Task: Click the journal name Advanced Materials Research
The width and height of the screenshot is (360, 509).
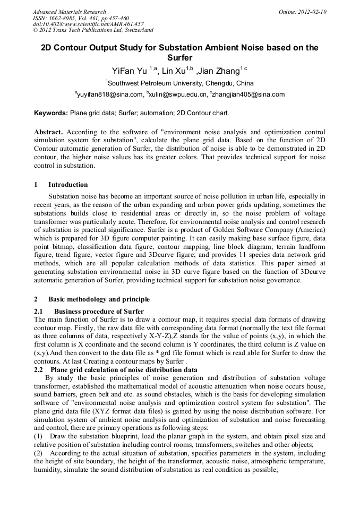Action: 69,12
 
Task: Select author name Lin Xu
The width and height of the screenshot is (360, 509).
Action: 174,71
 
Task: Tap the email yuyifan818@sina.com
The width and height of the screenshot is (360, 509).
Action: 111,95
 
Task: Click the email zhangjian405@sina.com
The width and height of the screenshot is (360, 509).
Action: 249,95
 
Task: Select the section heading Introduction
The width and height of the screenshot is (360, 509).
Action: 68,185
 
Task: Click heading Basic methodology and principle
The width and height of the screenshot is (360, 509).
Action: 99,299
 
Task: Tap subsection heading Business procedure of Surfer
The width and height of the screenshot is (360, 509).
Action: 99,311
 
